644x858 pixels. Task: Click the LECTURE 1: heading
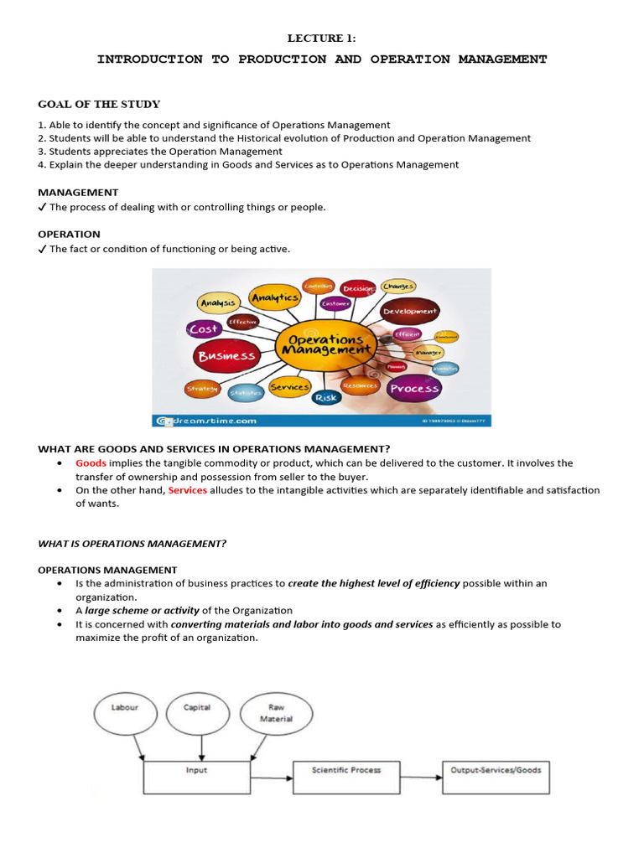coord(322,38)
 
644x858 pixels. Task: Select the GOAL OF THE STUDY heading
coord(99,105)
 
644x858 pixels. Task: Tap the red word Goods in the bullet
coord(91,463)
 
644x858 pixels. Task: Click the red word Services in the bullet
coord(187,490)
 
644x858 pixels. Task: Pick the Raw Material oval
coord(275,713)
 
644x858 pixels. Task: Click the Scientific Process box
coord(345,770)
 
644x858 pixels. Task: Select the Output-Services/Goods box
coord(496,770)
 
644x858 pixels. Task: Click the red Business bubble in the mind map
coord(226,356)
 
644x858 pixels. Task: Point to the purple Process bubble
coord(414,388)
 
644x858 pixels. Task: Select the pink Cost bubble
coord(204,329)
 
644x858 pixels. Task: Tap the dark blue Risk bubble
coord(325,397)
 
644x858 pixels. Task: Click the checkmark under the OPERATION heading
coord(42,250)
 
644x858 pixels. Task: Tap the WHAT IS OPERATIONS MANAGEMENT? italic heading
coord(132,544)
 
